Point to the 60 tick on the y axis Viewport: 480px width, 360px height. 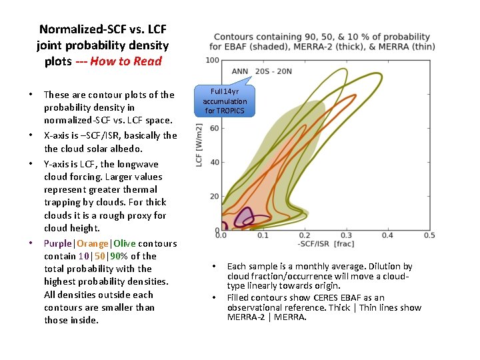(x=215, y=129)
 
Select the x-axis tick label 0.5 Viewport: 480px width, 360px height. (x=429, y=235)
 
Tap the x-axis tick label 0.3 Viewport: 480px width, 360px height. (x=346, y=235)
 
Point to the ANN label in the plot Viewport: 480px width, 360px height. (x=240, y=71)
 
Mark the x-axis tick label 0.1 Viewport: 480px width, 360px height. (x=263, y=235)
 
